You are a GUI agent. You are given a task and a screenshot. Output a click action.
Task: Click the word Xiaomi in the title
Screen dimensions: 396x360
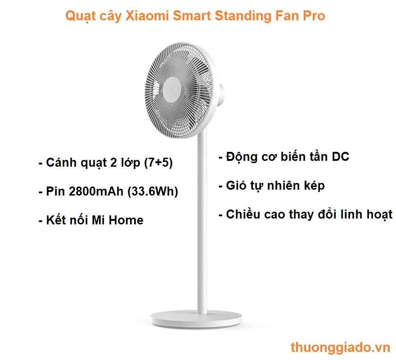147,16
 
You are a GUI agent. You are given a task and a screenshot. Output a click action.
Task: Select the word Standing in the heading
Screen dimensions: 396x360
243,16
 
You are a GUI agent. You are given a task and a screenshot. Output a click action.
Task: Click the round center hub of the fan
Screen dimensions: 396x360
172,89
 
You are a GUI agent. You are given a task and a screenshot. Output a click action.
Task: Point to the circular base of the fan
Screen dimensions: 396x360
196,319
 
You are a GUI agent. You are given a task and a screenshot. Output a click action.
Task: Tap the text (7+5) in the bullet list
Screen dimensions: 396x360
158,163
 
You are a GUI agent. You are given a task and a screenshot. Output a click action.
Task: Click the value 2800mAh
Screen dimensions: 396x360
96,191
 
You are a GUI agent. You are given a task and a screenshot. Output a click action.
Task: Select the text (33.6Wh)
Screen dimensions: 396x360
153,191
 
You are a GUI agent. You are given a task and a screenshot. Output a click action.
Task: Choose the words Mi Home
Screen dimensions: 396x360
117,220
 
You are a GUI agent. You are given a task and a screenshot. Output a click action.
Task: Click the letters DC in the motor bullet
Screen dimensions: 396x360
340,157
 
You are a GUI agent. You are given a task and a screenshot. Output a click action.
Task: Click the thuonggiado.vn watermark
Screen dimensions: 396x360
340,348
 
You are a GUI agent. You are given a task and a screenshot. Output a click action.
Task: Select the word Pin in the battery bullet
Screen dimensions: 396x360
55,191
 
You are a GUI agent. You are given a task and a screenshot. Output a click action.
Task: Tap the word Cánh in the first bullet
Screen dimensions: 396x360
61,163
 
